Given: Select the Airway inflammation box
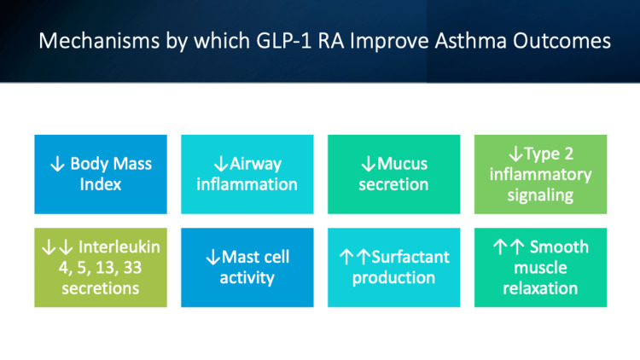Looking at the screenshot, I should [x=247, y=173].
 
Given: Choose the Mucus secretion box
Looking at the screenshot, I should [x=393, y=173].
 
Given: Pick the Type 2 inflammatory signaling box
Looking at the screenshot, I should [x=540, y=173].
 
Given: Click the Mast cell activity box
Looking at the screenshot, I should [x=247, y=267].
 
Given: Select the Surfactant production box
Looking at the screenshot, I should [x=393, y=267].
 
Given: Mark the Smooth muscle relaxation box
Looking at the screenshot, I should [x=540, y=267].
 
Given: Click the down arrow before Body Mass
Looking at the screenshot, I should [x=57, y=164].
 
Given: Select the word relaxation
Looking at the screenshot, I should [x=540, y=287].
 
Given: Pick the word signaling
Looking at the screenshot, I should [x=540, y=195].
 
